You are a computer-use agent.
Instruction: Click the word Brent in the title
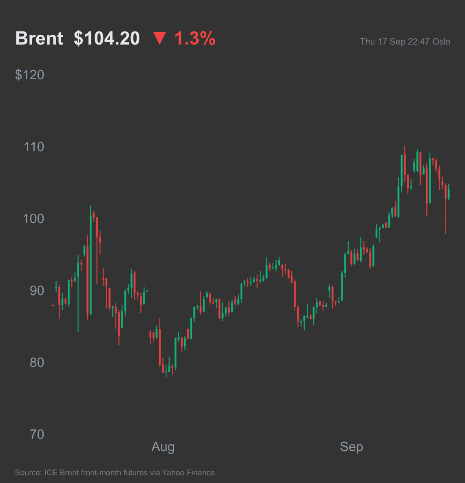point(40,38)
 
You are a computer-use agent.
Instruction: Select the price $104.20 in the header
point(107,38)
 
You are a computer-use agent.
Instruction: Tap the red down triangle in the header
point(159,38)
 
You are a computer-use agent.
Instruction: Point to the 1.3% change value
point(195,38)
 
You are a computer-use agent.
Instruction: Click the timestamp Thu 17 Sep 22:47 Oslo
point(405,42)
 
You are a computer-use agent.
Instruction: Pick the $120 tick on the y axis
point(29,75)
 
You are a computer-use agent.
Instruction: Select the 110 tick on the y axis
point(34,147)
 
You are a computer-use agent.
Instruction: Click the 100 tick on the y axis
point(33,219)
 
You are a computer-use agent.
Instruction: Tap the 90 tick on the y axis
point(37,291)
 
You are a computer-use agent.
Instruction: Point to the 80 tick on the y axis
point(37,362)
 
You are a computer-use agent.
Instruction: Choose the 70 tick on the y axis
point(37,435)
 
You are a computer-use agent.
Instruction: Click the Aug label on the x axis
point(163,447)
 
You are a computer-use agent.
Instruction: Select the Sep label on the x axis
point(352,447)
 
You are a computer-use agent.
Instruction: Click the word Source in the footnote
point(28,472)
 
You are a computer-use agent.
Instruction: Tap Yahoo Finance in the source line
point(188,472)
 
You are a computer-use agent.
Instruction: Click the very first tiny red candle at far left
point(53,305)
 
